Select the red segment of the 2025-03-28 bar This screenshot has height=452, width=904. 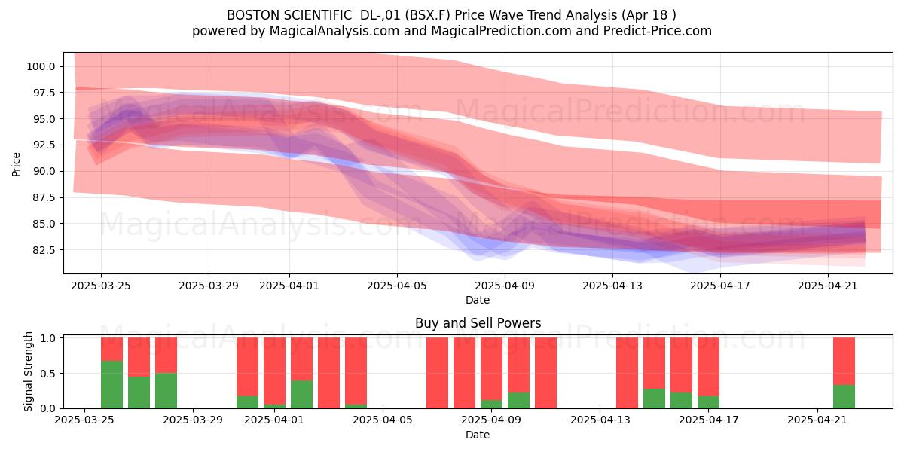click(x=166, y=356)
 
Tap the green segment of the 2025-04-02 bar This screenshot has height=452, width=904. click(x=301, y=394)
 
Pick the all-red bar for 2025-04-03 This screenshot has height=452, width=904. click(x=328, y=373)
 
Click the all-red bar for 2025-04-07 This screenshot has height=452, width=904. click(x=437, y=373)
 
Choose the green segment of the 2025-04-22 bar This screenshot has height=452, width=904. click(x=844, y=397)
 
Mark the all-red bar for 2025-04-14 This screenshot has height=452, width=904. click(x=627, y=373)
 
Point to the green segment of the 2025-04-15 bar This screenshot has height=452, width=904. click(x=654, y=399)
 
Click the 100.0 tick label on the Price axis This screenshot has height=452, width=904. click(x=41, y=66)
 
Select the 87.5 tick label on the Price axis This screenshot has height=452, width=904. click(x=44, y=197)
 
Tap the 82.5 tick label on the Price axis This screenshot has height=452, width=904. click(x=44, y=250)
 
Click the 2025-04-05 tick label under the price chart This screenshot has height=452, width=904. click(x=397, y=286)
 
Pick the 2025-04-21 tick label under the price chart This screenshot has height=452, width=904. click(x=828, y=286)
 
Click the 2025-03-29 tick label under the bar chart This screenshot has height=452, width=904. click(x=193, y=420)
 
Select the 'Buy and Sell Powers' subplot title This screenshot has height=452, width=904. click(x=478, y=323)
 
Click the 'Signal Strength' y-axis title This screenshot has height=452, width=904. click(x=28, y=371)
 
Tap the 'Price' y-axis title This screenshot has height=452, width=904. click(x=16, y=164)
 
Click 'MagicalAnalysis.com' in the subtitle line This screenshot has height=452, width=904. click(x=334, y=31)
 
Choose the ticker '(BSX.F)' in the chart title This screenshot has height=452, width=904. click(x=428, y=15)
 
